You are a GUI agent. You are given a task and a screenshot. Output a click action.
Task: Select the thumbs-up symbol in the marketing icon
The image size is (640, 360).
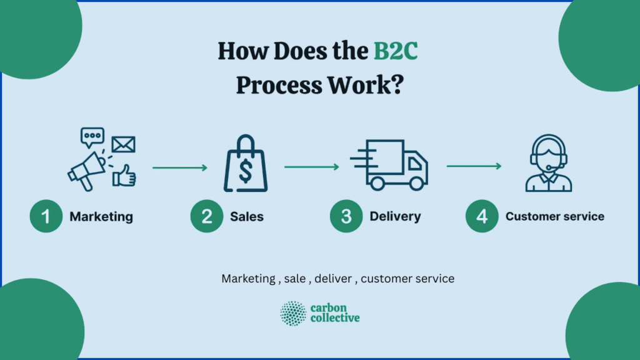coord(124,176)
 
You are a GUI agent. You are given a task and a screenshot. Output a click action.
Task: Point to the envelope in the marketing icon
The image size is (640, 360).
coord(123,144)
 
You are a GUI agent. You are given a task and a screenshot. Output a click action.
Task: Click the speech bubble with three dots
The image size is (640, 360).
coord(92,136)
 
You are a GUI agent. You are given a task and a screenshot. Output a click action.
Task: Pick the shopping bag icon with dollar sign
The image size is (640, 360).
coord(246,166)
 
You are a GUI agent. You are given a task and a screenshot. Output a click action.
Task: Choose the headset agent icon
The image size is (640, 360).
coord(548,163)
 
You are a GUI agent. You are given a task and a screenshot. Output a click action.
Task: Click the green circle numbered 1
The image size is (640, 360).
coord(46,217)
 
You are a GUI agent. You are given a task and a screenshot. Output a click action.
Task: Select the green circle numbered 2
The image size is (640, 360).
coord(207,217)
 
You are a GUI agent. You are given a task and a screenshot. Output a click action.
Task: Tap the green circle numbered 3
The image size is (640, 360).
coord(346,217)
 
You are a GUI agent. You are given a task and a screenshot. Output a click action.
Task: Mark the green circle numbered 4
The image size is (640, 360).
coord(482,217)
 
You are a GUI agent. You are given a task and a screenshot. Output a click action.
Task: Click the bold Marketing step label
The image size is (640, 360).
coord(101,217)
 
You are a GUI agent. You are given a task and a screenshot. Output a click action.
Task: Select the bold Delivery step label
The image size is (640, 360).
coord(395,217)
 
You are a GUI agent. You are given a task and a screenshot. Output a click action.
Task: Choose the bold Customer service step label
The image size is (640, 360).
coord(554,217)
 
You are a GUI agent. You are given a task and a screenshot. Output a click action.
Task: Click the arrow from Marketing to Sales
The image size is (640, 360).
coord(179,167)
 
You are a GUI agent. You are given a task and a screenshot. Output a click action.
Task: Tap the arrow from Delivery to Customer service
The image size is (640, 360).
coord(474,166)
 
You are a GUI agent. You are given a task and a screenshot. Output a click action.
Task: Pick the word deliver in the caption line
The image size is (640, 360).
coord(334,279)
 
